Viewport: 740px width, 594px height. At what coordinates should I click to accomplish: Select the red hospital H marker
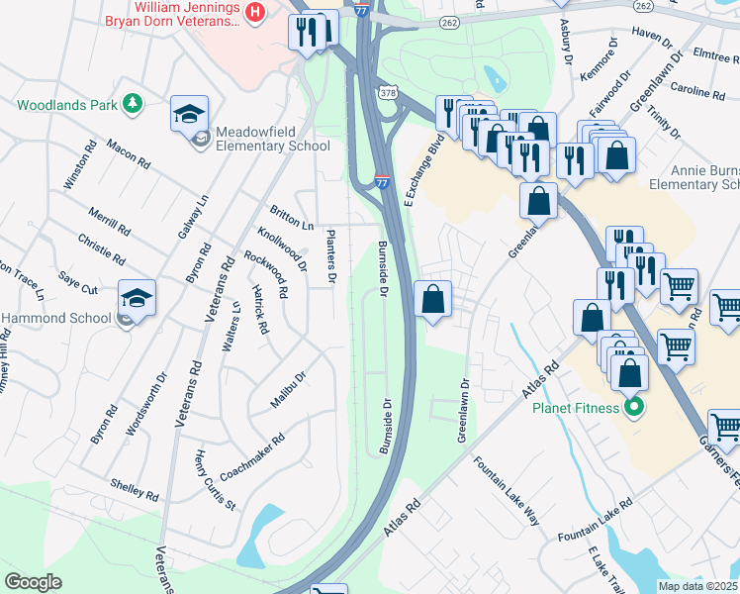(256, 12)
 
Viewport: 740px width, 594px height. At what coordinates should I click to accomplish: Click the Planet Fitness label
(577, 408)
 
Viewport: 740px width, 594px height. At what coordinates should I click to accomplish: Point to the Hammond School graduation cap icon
(137, 296)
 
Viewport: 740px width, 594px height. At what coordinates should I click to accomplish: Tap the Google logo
(34, 582)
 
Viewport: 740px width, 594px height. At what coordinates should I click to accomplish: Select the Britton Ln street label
(291, 217)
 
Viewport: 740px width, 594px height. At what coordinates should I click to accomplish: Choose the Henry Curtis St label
(215, 480)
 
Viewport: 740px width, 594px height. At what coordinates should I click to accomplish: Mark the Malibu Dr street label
(289, 390)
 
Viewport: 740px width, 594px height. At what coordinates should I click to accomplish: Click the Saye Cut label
(77, 283)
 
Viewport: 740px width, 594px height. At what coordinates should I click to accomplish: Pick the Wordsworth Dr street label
(147, 405)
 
